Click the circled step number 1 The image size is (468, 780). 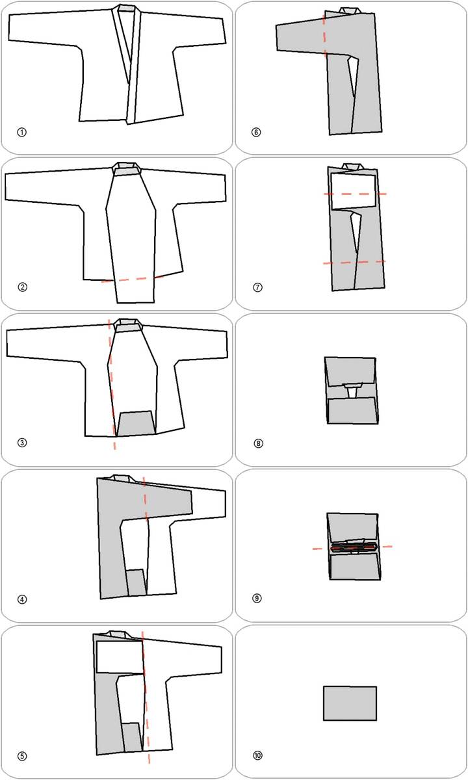click(21, 133)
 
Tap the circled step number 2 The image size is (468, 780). click(22, 287)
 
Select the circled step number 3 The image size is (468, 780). click(22, 443)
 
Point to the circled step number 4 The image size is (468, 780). click(22, 599)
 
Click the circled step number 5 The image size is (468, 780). click(22, 756)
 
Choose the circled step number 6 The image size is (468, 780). click(256, 133)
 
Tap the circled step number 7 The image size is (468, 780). click(257, 287)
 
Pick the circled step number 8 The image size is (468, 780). click(259, 443)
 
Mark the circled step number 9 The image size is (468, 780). click(257, 598)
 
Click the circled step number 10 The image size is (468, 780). click(257, 755)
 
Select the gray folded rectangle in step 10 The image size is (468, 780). click(350, 703)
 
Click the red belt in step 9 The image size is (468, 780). click(354, 547)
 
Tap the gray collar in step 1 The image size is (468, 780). click(127, 8)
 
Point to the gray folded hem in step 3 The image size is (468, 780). click(136, 423)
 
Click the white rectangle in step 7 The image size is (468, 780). click(353, 191)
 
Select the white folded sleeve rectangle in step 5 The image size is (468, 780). click(120, 657)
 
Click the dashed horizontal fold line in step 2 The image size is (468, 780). click(133, 279)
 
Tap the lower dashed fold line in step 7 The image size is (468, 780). click(354, 262)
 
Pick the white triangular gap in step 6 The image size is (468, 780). click(354, 75)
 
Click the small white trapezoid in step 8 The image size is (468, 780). click(353, 391)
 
